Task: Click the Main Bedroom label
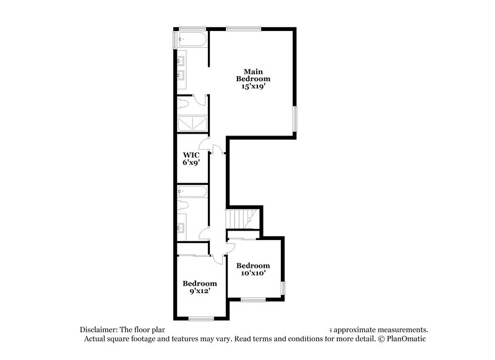(256, 75)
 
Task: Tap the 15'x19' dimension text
(256, 87)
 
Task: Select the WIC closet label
(191, 155)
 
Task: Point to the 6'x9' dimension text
(191, 163)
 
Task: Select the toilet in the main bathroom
(184, 103)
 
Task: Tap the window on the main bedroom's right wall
(295, 118)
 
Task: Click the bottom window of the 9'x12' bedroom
(201, 319)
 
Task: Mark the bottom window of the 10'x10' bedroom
(253, 300)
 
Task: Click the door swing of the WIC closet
(215, 150)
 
